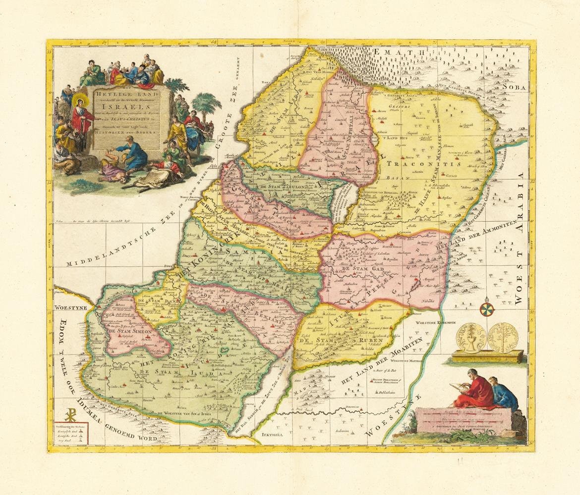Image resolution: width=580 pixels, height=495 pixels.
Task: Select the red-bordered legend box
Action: coord(72,434)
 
